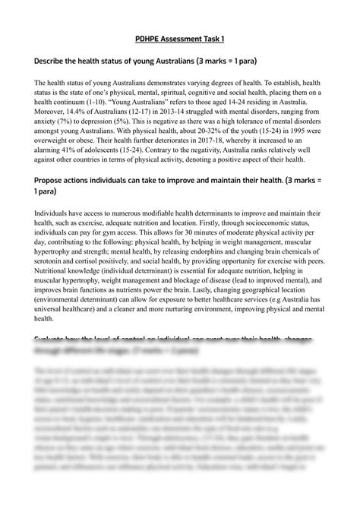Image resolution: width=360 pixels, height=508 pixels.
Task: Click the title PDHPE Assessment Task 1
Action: (180, 36)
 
